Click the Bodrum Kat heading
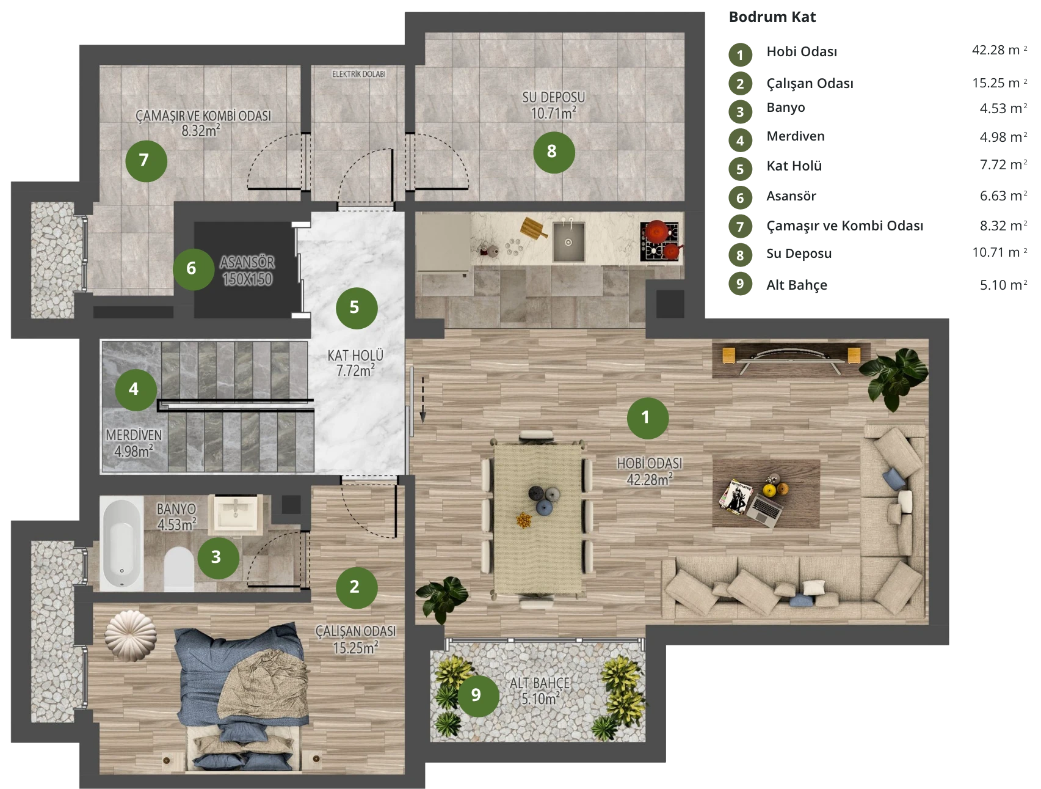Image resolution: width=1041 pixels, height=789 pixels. [772, 17]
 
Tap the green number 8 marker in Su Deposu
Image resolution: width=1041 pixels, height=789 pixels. [554, 152]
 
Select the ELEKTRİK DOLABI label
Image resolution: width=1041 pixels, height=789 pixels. [358, 74]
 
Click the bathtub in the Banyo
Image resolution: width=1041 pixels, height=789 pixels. [122, 545]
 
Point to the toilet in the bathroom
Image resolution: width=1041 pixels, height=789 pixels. [179, 569]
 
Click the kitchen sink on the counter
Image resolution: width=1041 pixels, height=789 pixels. [568, 241]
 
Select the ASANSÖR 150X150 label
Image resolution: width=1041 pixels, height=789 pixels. [247, 271]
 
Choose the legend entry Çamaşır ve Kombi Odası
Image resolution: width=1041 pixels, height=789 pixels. [844, 226]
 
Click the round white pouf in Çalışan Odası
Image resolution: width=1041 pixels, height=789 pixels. [130, 635]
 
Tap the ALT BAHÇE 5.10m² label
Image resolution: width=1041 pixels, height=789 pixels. [540, 691]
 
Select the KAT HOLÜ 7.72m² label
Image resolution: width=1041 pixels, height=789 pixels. [355, 363]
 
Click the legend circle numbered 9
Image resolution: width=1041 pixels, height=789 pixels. [740, 284]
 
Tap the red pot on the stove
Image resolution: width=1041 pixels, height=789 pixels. [657, 230]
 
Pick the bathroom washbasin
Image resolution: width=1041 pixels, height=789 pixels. [236, 513]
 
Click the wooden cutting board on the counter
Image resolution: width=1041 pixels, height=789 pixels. [534, 228]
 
